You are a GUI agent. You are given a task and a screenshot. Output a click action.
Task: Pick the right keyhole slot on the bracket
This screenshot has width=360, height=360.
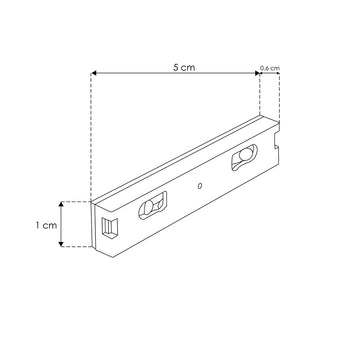point(244,160)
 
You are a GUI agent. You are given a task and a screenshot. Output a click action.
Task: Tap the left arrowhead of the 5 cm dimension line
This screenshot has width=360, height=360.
point(94,74)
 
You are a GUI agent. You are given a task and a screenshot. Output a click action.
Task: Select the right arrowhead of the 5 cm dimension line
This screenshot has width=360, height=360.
point(254,74)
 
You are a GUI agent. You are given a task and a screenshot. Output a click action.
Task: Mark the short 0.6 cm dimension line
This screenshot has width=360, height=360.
point(267,74)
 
